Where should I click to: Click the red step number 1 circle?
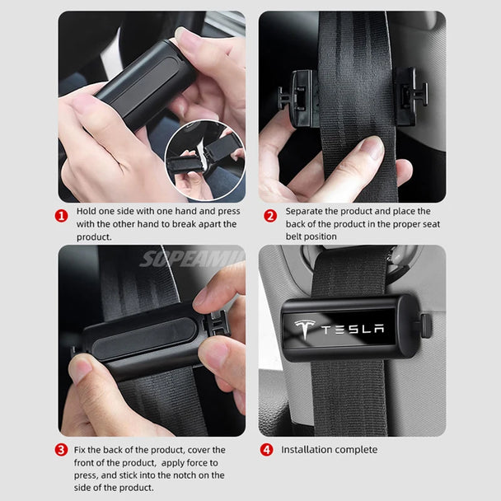[61, 217]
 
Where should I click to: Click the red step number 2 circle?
[269, 217]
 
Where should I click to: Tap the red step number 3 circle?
[61, 450]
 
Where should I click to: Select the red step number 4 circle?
[266, 450]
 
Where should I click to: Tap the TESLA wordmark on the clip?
[352, 330]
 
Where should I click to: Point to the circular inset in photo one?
[204, 160]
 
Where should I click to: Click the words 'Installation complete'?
[329, 450]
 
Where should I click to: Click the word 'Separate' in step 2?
[307, 211]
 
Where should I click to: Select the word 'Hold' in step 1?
[88, 211]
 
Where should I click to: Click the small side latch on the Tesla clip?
[425, 325]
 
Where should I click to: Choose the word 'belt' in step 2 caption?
[295, 236]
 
